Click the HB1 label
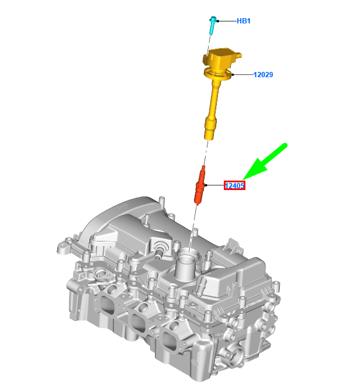click(x=243, y=21)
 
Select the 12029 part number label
click(x=263, y=75)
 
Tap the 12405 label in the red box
click(x=234, y=185)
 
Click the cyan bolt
click(x=212, y=26)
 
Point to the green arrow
click(x=265, y=161)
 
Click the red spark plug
click(x=200, y=185)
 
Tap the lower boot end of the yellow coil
click(x=210, y=129)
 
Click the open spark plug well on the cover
click(x=188, y=253)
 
